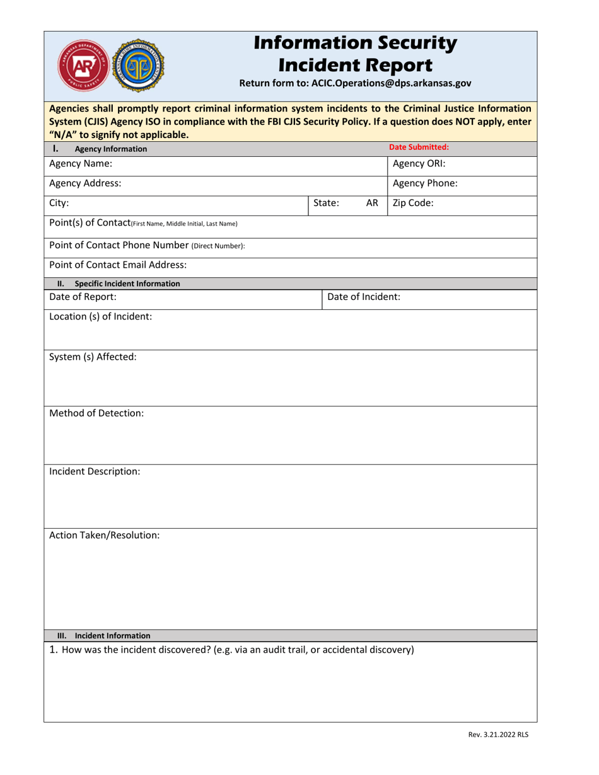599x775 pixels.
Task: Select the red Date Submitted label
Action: pos(419,147)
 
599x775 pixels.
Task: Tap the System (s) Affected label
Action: pos(93,357)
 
